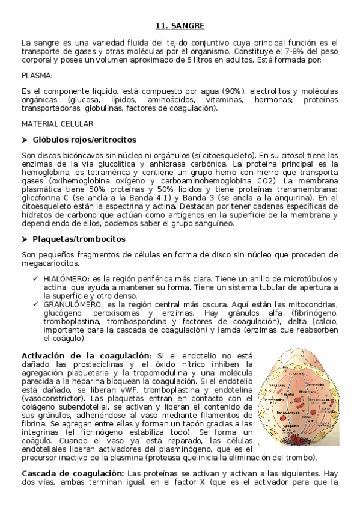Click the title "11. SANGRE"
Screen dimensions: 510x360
(x=180, y=26)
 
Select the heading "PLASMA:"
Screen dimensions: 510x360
(x=37, y=75)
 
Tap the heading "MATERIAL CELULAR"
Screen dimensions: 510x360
(x=57, y=124)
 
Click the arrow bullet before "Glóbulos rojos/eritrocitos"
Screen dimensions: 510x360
(x=25, y=140)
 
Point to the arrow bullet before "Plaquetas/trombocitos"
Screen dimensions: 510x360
(x=25, y=239)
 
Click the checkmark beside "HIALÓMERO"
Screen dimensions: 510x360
(x=37, y=279)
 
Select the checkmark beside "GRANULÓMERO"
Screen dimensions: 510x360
(x=37, y=304)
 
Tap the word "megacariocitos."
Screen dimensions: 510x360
(x=50, y=263)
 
